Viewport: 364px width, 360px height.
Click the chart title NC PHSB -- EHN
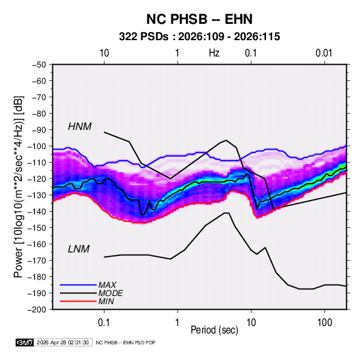point(199,19)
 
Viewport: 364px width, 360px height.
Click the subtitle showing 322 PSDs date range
point(199,37)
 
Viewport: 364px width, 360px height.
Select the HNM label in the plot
point(80,127)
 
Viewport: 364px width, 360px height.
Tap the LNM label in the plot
point(79,249)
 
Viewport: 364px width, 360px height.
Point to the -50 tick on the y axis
point(39,65)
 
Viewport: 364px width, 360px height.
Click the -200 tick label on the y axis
point(37,310)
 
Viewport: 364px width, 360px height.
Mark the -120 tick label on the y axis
point(37,179)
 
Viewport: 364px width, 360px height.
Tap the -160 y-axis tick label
point(37,244)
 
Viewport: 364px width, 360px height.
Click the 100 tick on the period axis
point(325,323)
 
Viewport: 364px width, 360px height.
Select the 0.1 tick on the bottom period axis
point(104,323)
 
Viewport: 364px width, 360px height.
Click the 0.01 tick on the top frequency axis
point(324,53)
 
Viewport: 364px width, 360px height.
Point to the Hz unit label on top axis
point(214,53)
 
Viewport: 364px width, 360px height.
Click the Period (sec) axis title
point(214,330)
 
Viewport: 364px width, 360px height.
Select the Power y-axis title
point(18,186)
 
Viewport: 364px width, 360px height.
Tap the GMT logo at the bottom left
point(25,342)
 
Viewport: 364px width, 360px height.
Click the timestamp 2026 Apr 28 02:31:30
point(63,342)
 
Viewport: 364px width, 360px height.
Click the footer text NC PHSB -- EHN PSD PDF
point(126,342)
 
